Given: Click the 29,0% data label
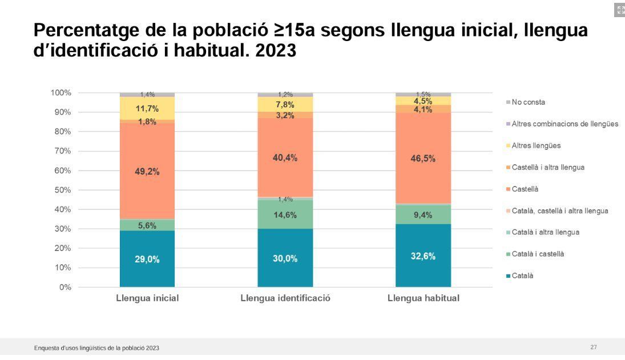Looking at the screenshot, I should [147, 260].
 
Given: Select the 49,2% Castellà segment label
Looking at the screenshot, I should [147, 172].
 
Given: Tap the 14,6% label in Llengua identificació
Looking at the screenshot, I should [285, 215].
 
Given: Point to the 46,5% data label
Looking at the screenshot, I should [423, 159].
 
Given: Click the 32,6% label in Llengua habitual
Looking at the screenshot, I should [423, 256].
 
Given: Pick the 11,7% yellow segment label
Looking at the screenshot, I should [147, 108].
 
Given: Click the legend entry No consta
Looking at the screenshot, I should [528, 102].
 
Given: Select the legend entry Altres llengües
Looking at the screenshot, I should [536, 145].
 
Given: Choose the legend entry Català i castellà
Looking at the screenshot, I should [538, 254].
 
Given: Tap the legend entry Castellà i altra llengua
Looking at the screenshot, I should [548, 167].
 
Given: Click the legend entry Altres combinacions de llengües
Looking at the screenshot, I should [564, 124].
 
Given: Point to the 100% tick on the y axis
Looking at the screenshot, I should [61, 92].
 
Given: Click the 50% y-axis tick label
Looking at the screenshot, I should [63, 190].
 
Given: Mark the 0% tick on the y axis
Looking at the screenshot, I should [65, 287].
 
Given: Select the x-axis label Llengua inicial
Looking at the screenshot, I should [147, 298].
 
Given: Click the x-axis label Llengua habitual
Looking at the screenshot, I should [423, 298].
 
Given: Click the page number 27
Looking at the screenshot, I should [594, 347].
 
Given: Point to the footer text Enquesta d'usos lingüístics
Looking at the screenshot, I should [96, 348].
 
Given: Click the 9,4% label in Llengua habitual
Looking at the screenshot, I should [423, 215].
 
